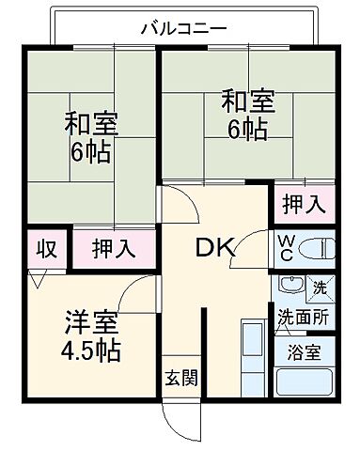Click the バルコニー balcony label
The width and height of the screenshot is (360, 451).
tap(182, 27)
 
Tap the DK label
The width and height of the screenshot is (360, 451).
tap(215, 249)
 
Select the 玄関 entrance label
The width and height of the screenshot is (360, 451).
tap(181, 379)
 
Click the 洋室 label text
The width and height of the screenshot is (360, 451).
tap(84, 322)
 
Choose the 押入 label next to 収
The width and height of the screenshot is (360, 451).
tap(114, 249)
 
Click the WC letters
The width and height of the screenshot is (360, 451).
tap(287, 247)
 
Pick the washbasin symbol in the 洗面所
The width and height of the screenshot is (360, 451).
tap(290, 288)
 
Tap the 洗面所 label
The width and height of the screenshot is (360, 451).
tap(302, 319)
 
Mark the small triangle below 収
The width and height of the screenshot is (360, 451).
tap(37, 279)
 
